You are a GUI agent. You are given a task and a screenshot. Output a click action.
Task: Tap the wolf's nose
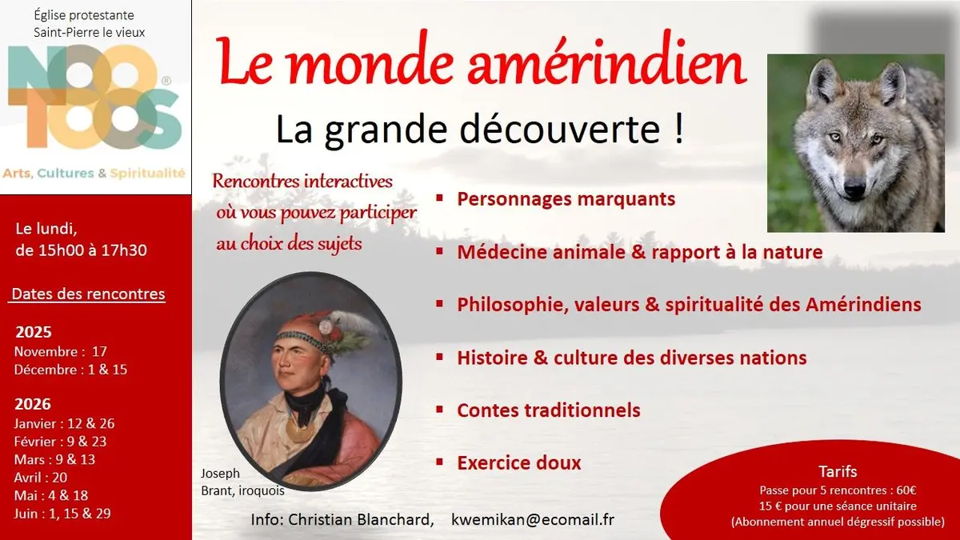point(854,190)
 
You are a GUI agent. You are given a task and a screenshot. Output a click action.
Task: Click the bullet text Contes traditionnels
point(548,410)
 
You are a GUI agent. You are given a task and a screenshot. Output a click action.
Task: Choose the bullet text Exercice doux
point(518,462)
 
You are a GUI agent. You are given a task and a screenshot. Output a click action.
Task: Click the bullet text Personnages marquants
point(566,198)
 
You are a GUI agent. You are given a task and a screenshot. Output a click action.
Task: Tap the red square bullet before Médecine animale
point(440,252)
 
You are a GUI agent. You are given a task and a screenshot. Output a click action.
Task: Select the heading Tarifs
point(838,471)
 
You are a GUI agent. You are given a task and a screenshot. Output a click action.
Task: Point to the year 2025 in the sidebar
point(33,333)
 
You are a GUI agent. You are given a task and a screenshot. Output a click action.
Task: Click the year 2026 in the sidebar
point(33,404)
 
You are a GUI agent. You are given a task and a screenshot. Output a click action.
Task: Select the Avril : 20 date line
point(41,478)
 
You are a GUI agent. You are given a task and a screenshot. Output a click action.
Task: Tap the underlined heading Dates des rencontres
point(88,294)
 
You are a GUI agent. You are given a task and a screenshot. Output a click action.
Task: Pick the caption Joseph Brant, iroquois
point(238,482)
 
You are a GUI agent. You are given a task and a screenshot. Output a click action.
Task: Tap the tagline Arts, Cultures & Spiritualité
point(94,173)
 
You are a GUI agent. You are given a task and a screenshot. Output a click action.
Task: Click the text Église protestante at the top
point(84,15)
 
